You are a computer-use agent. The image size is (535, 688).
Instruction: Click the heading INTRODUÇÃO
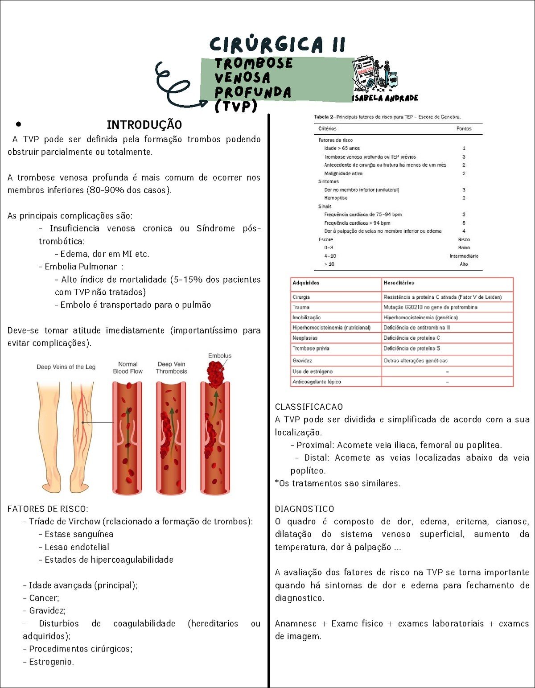click(144, 125)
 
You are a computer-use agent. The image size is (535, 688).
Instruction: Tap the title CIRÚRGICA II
click(277, 45)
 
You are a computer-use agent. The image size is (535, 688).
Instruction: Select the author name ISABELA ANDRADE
click(385, 98)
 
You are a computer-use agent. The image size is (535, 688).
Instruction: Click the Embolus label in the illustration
click(220, 356)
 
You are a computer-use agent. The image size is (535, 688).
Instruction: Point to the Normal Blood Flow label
click(128, 368)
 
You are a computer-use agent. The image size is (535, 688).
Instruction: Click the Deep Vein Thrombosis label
click(172, 368)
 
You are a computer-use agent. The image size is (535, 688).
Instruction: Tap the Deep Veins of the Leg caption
click(66, 367)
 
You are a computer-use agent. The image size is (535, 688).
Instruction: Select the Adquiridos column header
click(306, 283)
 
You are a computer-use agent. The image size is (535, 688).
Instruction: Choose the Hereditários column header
click(399, 283)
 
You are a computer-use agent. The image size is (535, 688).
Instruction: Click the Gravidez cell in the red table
click(302, 361)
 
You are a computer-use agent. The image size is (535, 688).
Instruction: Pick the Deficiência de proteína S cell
click(412, 349)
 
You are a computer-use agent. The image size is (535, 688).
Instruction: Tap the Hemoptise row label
click(336, 198)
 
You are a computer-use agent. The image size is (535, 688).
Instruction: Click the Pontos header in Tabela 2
click(464, 129)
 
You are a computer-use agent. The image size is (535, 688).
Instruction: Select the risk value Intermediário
click(464, 256)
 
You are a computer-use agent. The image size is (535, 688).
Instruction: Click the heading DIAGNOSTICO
click(305, 509)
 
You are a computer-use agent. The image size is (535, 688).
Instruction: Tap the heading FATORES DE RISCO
click(48, 509)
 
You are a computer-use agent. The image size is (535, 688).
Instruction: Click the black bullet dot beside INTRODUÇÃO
click(18, 124)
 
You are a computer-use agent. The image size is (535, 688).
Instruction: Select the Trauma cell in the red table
click(301, 307)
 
